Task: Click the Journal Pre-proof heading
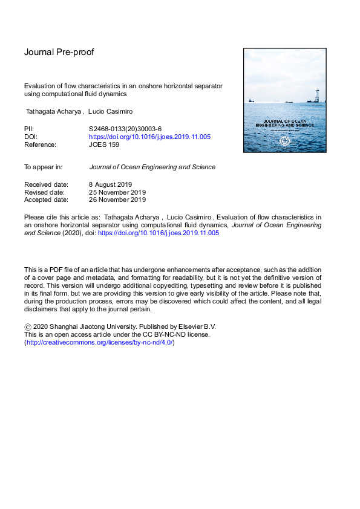[x=59, y=52]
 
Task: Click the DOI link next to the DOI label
[x=149, y=137]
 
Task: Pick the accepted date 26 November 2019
[x=117, y=199]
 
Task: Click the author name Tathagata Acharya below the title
[x=54, y=112]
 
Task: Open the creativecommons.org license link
[x=99, y=342]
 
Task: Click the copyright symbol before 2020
[x=27, y=327]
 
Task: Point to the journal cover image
[x=284, y=100]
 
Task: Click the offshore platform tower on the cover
[x=316, y=94]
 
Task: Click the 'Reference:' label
[x=40, y=145]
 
